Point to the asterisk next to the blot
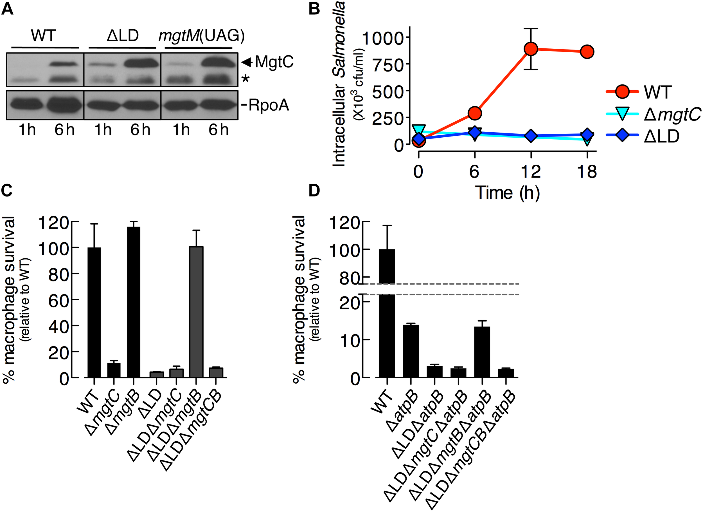coord(245,79)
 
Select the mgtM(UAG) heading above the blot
coord(201,36)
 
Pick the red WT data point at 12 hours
coord(531,49)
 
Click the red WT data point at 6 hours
coord(475,113)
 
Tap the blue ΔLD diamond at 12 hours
coord(531,136)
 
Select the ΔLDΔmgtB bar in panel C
coord(197,312)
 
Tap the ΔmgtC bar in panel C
coord(114,370)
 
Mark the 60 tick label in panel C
coord(58,300)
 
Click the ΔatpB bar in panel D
coord(411,351)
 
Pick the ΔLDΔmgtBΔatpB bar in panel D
coord(482,352)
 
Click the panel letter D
coord(314,190)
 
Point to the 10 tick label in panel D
coord(350,340)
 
